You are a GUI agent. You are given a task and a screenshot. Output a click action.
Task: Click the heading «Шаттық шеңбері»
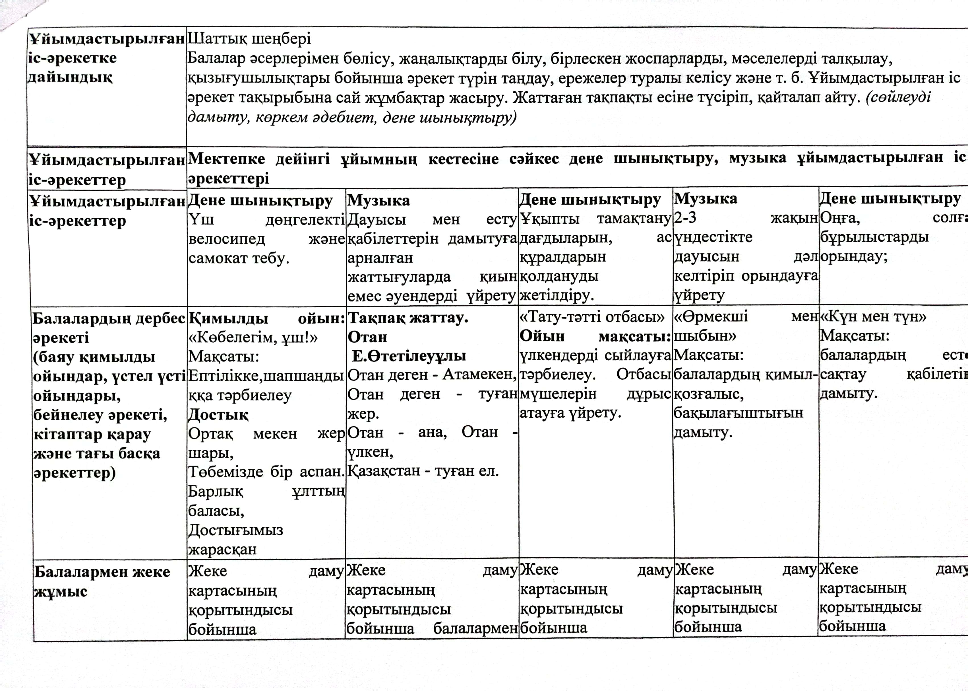tap(249, 39)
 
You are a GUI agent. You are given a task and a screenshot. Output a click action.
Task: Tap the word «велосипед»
tap(227, 239)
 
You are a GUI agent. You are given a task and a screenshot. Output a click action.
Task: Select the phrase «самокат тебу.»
tap(239, 258)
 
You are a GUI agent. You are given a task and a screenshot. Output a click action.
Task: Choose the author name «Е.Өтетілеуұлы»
tap(409, 356)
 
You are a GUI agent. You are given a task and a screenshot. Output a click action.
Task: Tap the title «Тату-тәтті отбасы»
tap(592, 317)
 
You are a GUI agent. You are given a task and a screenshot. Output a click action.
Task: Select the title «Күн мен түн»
tap(873, 317)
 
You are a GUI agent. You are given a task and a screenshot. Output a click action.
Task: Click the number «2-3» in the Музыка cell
tap(685, 218)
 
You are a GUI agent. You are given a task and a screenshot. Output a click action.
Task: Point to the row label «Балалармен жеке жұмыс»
tap(102, 581)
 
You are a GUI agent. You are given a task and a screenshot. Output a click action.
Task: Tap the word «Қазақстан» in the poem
tap(382, 471)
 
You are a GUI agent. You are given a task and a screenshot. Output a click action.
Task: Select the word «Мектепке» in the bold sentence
tap(226, 159)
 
